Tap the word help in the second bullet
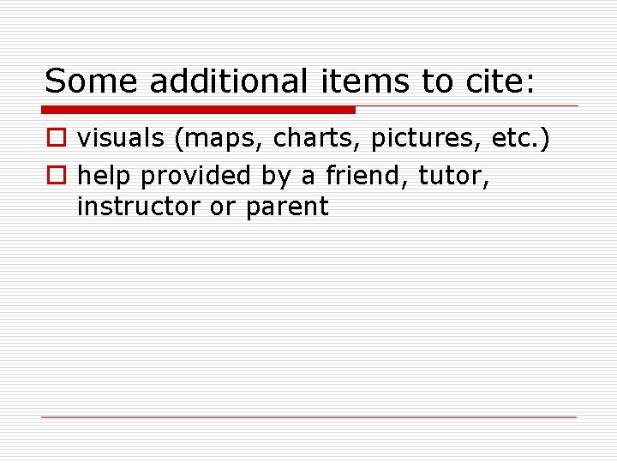(105, 175)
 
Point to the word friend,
(367, 175)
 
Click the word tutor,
(454, 176)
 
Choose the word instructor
(137, 207)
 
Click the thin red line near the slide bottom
(308, 418)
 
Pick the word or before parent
(222, 207)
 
